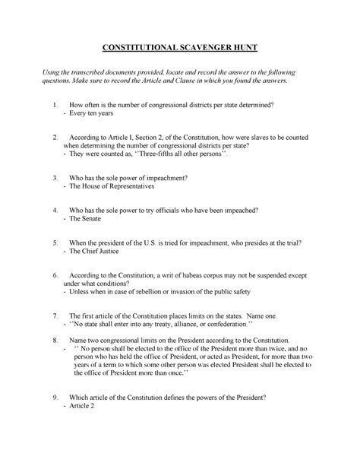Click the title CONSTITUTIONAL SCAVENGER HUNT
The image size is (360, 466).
pos(180,47)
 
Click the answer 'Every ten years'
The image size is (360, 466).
pos(93,113)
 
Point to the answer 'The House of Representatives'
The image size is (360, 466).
pos(112,185)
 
